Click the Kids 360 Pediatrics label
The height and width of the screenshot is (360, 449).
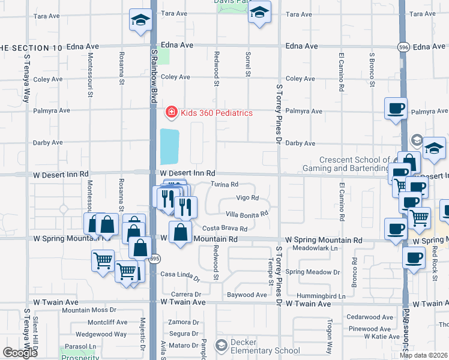click(x=217, y=113)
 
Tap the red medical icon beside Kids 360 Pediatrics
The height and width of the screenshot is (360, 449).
click(x=171, y=112)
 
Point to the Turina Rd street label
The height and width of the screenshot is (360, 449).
click(x=224, y=184)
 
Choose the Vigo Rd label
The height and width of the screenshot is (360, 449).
click(x=247, y=198)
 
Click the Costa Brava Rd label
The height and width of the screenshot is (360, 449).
click(x=224, y=229)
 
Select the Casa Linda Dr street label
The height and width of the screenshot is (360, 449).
click(x=180, y=275)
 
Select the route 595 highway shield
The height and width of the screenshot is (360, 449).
click(x=154, y=259)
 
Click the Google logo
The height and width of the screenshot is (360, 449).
click(x=20, y=353)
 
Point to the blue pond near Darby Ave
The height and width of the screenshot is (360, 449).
click(x=169, y=146)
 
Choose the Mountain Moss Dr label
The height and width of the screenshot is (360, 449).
click(x=89, y=310)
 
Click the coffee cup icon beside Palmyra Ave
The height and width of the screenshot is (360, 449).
click(x=396, y=109)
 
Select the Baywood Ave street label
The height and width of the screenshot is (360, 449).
click(x=247, y=295)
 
